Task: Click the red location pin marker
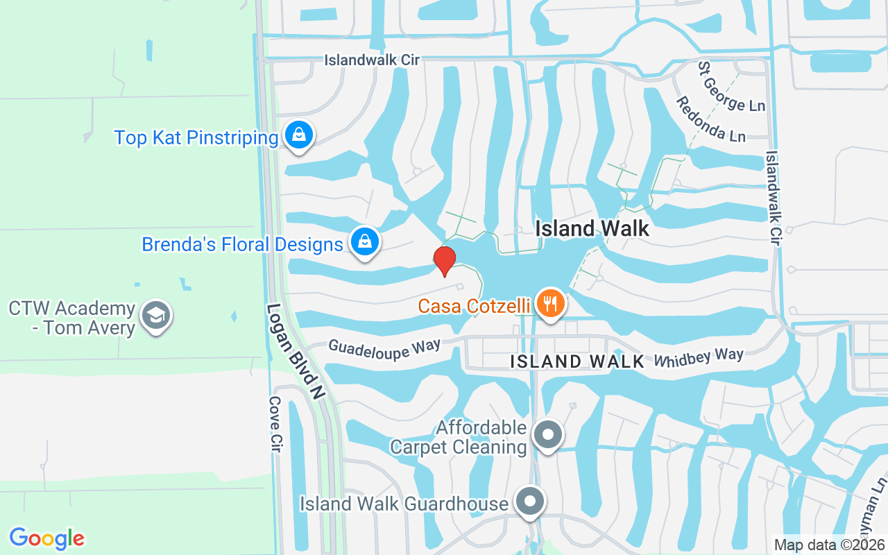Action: (445, 261)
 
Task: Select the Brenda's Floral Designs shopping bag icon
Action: (364, 242)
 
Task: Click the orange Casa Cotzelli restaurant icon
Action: (550, 303)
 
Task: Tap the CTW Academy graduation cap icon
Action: (156, 316)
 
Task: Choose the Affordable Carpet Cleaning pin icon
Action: (548, 435)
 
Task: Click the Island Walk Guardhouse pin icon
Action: (531, 501)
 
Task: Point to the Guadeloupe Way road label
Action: (384, 349)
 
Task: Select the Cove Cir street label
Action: (275, 425)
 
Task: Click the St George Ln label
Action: (732, 87)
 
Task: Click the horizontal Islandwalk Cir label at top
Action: (372, 60)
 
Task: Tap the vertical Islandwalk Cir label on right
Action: (774, 198)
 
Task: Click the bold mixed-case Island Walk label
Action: (592, 228)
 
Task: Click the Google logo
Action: (46, 538)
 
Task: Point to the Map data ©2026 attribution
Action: (830, 545)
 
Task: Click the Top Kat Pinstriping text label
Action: (196, 137)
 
